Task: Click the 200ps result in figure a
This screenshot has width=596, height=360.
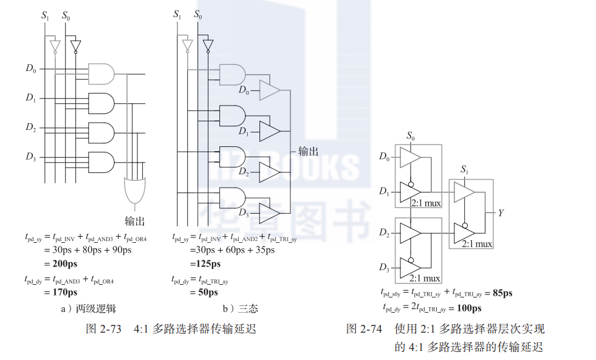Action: point(63,263)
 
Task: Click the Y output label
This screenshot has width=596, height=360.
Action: point(501,213)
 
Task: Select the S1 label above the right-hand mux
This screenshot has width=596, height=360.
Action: point(465,169)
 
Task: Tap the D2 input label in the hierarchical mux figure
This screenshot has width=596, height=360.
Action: point(384,233)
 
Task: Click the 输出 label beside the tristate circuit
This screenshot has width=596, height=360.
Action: point(308,151)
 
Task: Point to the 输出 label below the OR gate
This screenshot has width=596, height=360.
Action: point(135,220)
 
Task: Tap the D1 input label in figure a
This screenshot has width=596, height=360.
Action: point(31,98)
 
